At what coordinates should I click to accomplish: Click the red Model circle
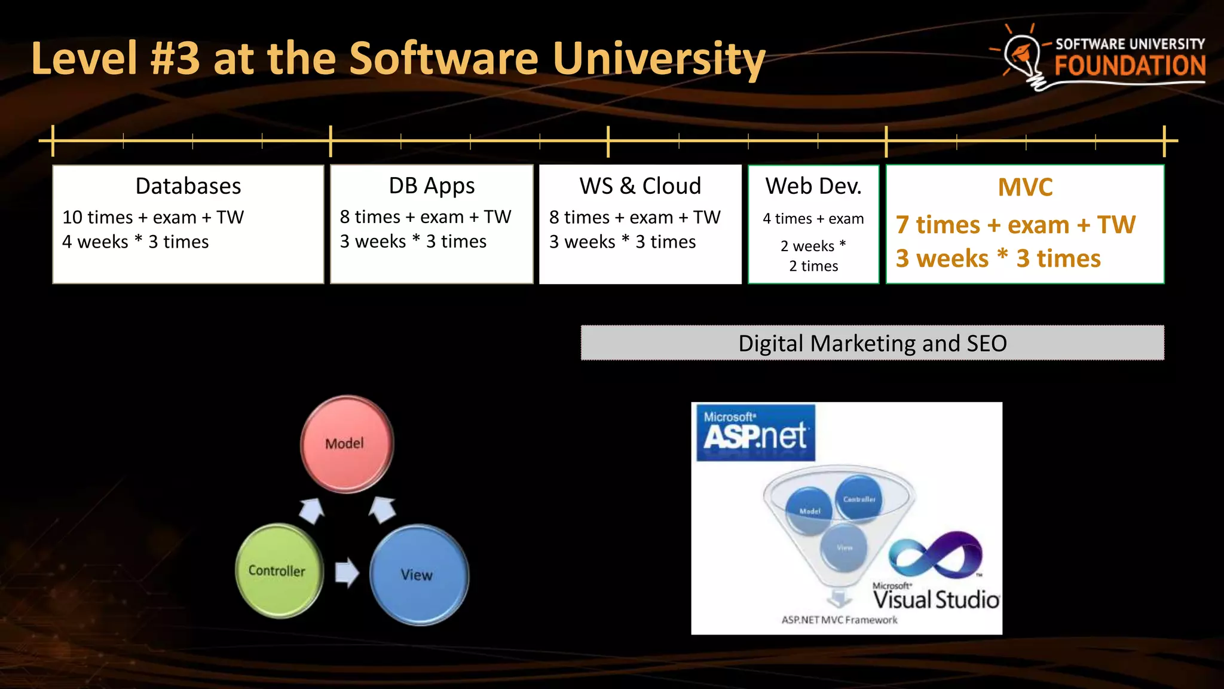[347, 444]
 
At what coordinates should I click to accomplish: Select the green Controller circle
[279, 571]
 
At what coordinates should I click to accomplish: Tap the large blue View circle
[418, 575]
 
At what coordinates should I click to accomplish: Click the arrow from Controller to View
[347, 572]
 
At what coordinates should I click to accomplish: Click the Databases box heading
[188, 186]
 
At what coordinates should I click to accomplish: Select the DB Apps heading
[432, 186]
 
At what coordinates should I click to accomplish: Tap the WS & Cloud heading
[640, 186]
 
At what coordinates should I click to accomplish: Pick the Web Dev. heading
[813, 186]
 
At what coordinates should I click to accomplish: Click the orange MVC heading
[1025, 187]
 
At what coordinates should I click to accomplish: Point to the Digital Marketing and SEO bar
[872, 343]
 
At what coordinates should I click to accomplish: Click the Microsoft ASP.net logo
[755, 433]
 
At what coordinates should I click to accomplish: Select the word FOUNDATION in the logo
[1130, 66]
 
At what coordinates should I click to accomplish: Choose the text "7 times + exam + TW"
[1015, 225]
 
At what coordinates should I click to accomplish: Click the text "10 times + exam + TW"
[153, 217]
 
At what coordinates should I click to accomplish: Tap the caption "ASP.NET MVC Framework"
[839, 620]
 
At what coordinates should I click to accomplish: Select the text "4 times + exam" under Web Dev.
[813, 219]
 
